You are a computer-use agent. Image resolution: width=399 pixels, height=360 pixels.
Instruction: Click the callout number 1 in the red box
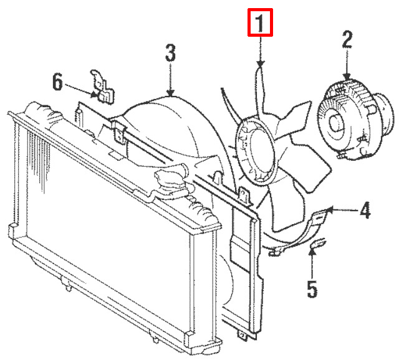pyautogui.click(x=260, y=25)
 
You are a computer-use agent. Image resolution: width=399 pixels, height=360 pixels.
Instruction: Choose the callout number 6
pyautogui.click(x=57, y=82)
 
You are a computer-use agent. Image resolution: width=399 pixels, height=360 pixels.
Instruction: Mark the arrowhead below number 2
pyautogui.click(x=347, y=77)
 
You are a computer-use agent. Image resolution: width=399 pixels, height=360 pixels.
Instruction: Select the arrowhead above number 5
pyautogui.click(x=312, y=255)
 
